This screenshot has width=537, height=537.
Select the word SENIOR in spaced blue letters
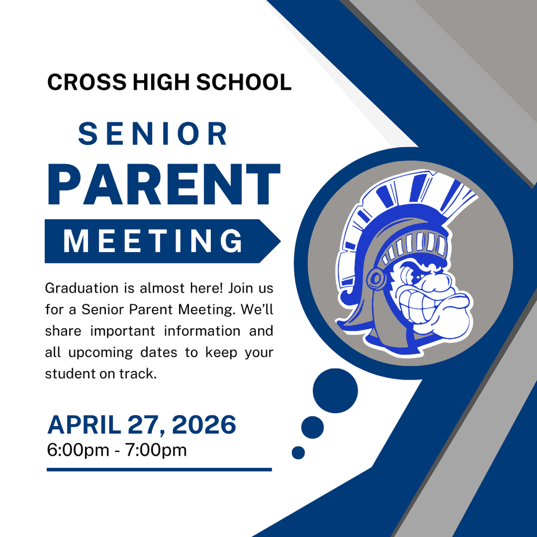click(x=153, y=134)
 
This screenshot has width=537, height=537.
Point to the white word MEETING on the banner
click(x=153, y=241)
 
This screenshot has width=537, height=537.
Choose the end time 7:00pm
click(x=155, y=450)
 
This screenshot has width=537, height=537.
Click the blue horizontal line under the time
click(x=159, y=469)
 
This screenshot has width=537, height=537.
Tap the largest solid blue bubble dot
click(x=335, y=391)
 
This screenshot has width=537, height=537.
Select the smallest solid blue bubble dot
click(x=298, y=453)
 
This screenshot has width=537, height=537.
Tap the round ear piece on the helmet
click(x=376, y=278)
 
